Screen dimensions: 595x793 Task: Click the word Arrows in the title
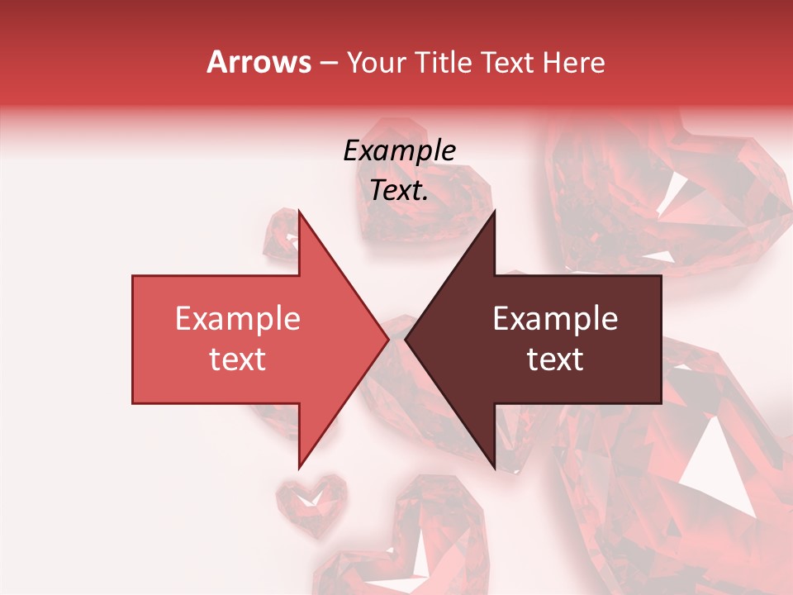(x=259, y=62)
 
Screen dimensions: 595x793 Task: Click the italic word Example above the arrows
(x=399, y=151)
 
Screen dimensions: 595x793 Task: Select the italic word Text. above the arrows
(x=399, y=191)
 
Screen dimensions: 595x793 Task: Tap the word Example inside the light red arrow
(x=238, y=319)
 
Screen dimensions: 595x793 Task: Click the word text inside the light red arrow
(x=238, y=359)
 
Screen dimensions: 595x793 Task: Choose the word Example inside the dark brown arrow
(x=555, y=319)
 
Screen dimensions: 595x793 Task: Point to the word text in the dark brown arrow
(x=555, y=359)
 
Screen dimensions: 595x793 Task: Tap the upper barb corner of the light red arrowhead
(x=299, y=212)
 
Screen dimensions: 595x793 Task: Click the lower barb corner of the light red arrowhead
(x=299, y=467)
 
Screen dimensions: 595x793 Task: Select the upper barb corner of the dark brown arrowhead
(x=494, y=212)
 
